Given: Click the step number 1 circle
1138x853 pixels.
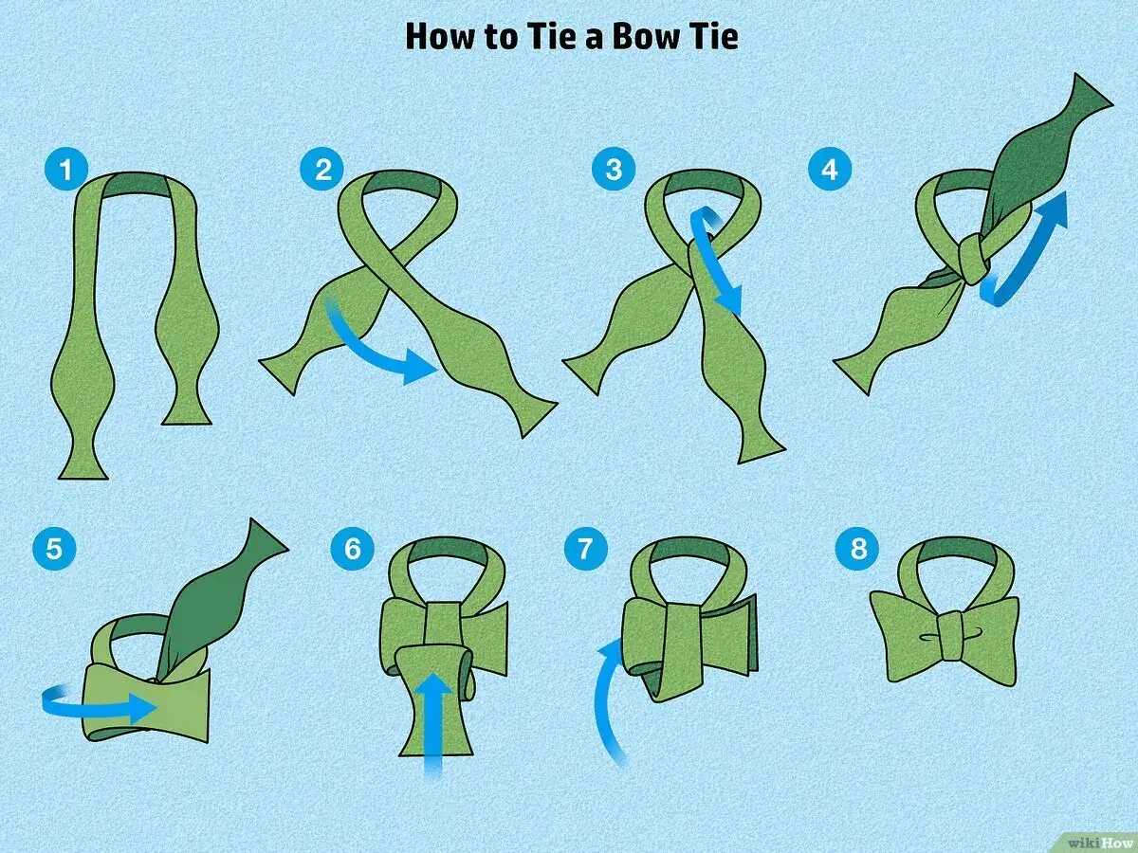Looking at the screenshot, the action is point(66,169).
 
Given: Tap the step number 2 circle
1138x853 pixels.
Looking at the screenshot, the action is point(321,169).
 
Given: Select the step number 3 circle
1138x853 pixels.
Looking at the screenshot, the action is point(614,169).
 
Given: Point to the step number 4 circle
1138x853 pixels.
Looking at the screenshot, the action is point(830,169).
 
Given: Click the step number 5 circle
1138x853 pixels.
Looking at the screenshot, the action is point(54,548).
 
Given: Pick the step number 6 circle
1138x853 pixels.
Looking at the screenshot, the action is point(353,548).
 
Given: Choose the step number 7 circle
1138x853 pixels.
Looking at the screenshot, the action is point(585,548).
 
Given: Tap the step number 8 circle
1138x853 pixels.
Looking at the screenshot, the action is point(858,548).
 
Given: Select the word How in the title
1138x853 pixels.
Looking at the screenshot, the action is point(441,37).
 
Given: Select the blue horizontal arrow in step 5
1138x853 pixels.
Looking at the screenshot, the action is point(99,707).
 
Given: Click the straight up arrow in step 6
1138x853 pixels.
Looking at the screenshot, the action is point(433,725).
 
